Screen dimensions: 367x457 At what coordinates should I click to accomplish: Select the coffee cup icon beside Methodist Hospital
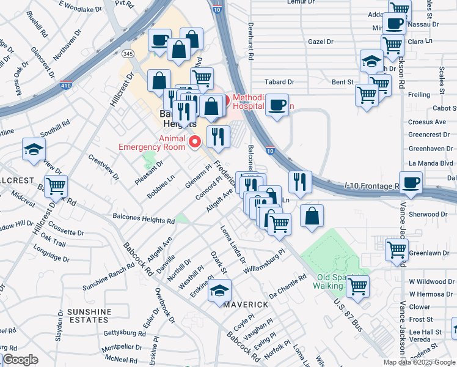click(277, 105)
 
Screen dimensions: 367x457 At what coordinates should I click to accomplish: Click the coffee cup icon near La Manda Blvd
click(411, 182)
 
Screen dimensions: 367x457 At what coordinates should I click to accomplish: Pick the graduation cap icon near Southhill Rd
click(34, 149)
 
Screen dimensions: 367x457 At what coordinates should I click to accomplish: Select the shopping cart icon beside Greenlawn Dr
click(397, 250)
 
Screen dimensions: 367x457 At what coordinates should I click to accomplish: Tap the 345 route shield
click(128, 54)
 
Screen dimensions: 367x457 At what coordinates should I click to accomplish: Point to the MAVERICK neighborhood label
click(245, 304)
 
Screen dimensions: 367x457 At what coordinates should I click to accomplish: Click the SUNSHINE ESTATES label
click(89, 316)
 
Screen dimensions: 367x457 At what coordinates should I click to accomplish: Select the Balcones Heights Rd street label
click(144, 220)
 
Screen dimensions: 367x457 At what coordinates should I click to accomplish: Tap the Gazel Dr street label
click(321, 42)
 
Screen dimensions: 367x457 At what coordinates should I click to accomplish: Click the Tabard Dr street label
click(279, 81)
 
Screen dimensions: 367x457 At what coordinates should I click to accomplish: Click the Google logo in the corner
click(20, 360)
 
